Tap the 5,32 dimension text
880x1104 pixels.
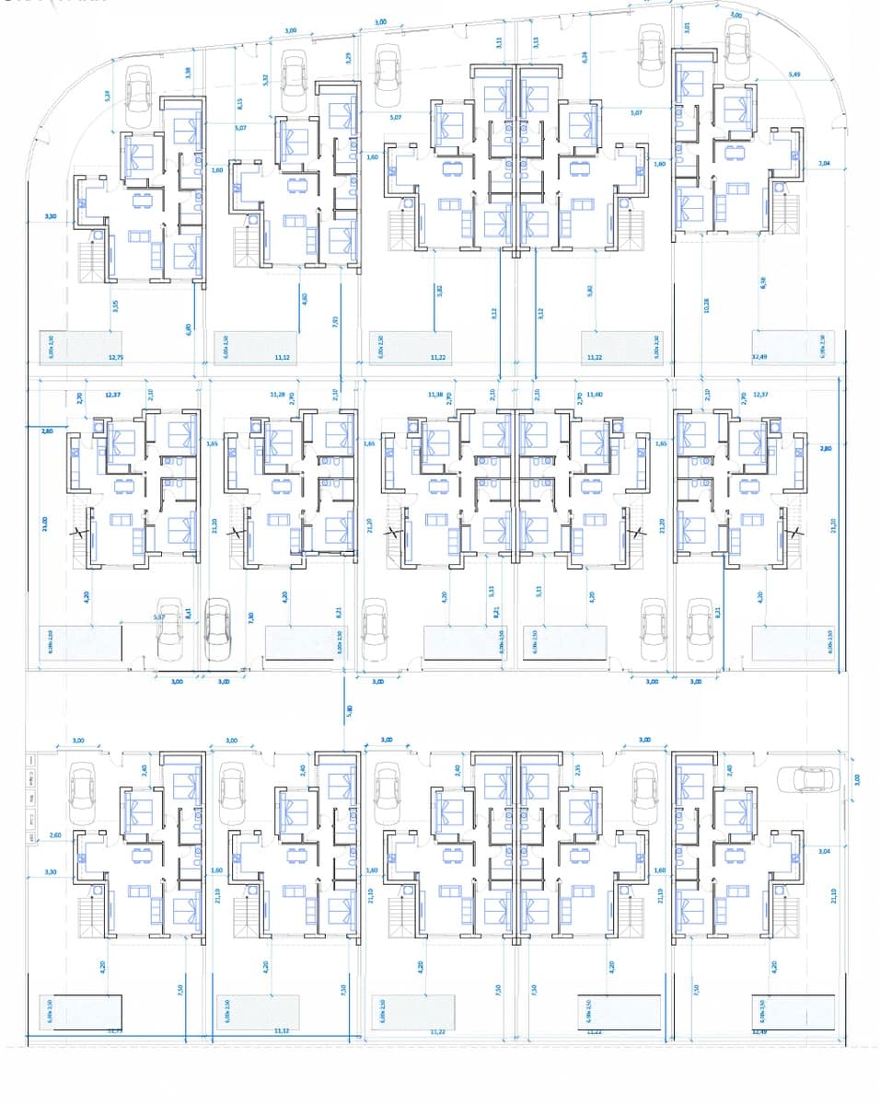pyautogui.click(x=265, y=80)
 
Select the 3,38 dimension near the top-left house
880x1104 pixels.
pyautogui.click(x=188, y=73)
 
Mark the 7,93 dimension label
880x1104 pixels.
pyautogui.click(x=334, y=320)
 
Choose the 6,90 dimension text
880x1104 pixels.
pyautogui.click(x=188, y=328)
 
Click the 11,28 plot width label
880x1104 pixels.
pyautogui.click(x=277, y=394)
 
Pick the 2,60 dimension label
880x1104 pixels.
pyautogui.click(x=55, y=835)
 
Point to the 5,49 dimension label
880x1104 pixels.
pyautogui.click(x=794, y=75)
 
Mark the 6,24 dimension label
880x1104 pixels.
pyautogui.click(x=585, y=57)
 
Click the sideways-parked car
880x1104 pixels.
pyautogui.click(x=810, y=778)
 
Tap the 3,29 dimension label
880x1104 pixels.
pyautogui.click(x=348, y=57)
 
